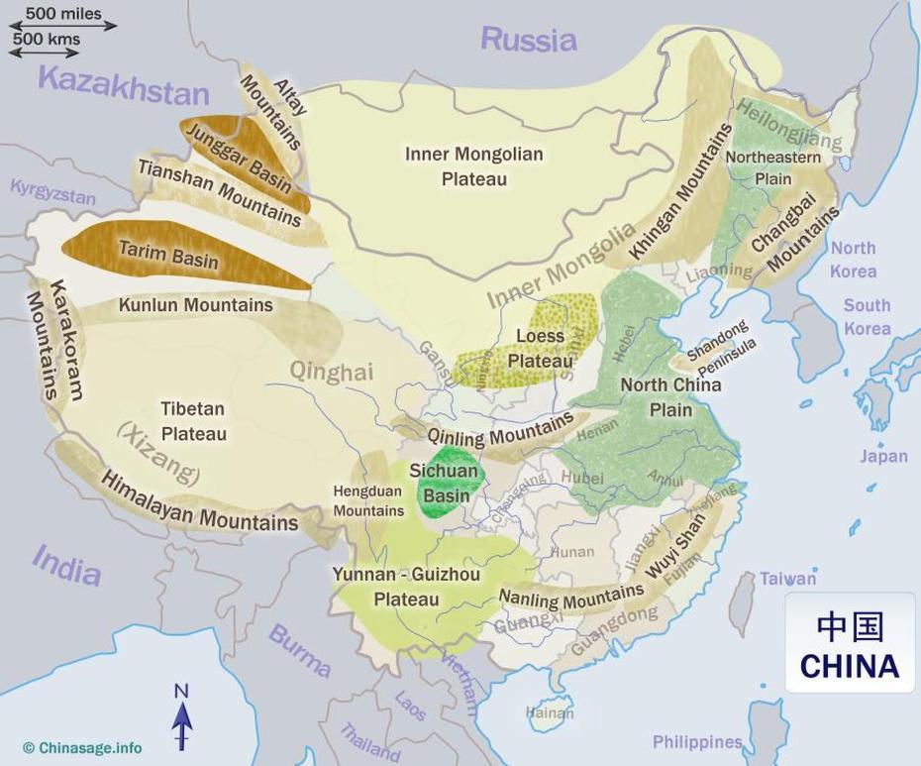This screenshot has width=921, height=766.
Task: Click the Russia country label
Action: (528, 40)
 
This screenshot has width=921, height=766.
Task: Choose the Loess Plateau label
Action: (540, 348)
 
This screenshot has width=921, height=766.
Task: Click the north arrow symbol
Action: (181, 718)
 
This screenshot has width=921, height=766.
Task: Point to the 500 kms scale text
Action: (47, 41)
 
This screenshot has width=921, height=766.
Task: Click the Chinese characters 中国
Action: (850, 626)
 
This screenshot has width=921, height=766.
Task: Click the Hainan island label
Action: (550, 712)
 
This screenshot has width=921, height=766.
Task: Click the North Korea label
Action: (853, 260)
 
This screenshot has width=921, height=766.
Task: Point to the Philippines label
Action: (697, 741)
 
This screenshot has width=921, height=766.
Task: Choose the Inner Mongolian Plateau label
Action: (474, 165)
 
